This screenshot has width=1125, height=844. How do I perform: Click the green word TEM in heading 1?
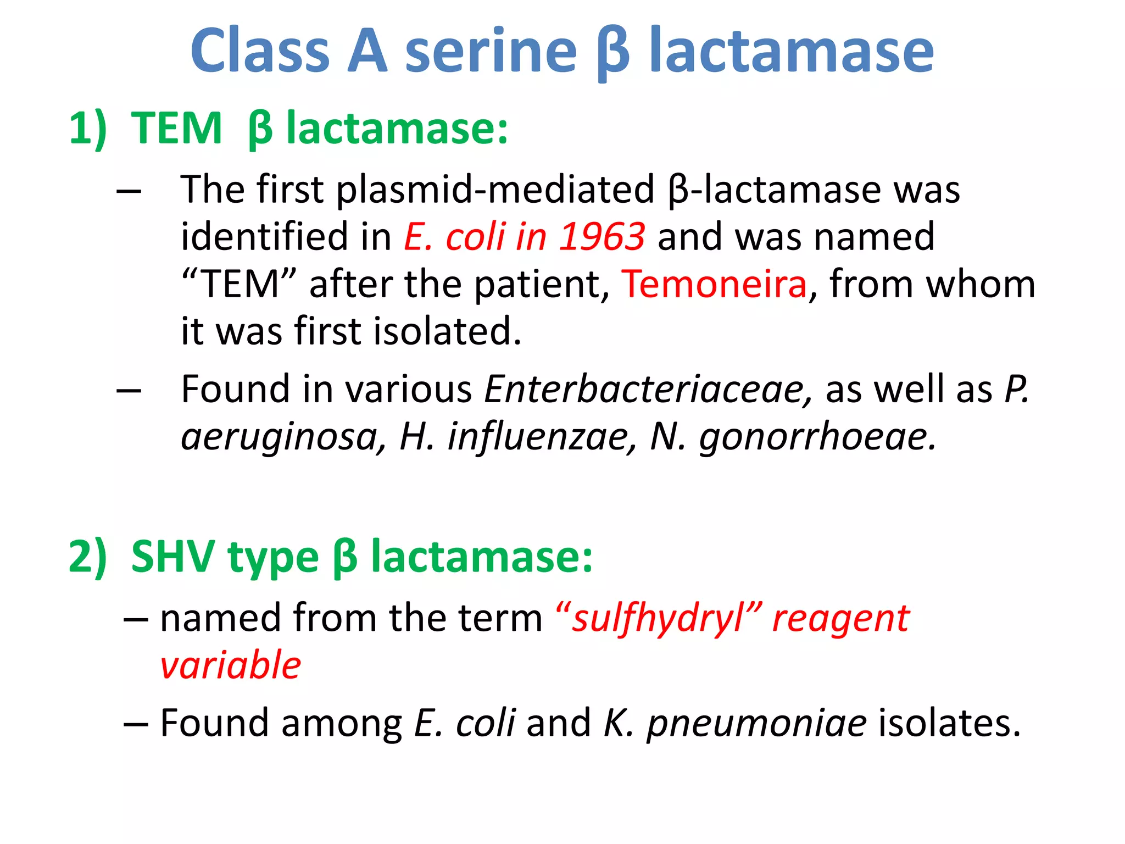pyautogui.click(x=176, y=129)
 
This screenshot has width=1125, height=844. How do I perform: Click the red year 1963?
pyautogui.click(x=602, y=237)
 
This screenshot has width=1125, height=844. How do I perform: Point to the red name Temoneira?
pyautogui.click(x=714, y=284)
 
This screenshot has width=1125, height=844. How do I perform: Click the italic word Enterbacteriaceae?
pyautogui.click(x=648, y=389)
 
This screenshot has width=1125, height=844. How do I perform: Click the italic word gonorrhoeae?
pyautogui.click(x=817, y=437)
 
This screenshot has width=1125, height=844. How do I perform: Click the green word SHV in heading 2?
pyautogui.click(x=172, y=557)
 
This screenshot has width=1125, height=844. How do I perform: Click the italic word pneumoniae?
pyautogui.click(x=757, y=723)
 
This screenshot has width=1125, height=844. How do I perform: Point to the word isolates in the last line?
pyautogui.click(x=949, y=722)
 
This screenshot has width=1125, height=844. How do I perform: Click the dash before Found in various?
pyautogui.click(x=130, y=390)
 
